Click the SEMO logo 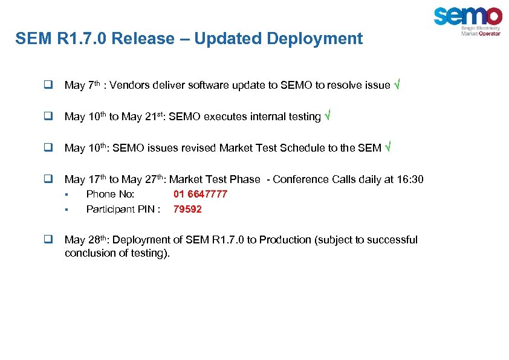[467, 21]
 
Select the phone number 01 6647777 [200, 194]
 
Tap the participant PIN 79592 [187, 209]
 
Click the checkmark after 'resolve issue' [397, 85]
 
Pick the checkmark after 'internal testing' [327, 117]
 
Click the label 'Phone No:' [111, 194]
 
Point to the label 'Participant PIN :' [123, 209]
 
